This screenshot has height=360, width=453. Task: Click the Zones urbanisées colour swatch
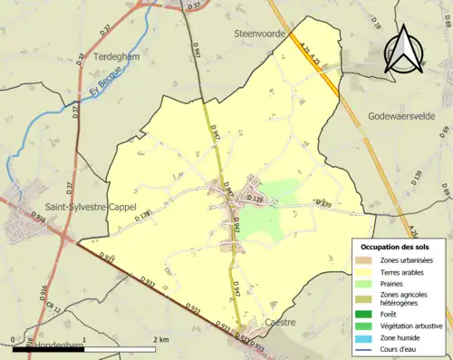tap(368, 259)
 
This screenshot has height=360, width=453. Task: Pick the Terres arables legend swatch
tap(368, 271)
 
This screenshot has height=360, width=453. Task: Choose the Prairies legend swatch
tap(368, 282)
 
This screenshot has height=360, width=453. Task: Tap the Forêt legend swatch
tap(368, 312)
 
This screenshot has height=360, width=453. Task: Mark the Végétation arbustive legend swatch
tap(368, 324)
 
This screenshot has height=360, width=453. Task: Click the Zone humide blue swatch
tap(368, 336)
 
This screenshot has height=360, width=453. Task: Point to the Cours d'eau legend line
tap(368, 347)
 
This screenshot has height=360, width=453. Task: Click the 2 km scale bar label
tap(160, 339)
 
